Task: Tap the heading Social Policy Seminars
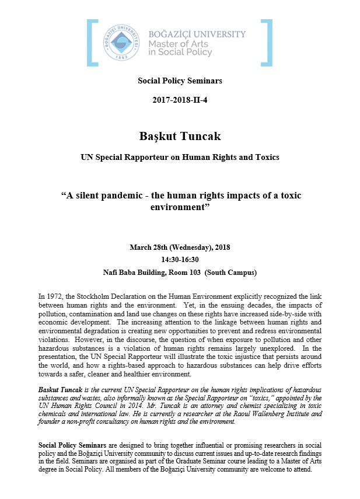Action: pyautogui.click(x=180, y=81)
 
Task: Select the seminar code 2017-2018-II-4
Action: pyautogui.click(x=180, y=100)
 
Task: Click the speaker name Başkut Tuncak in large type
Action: pyautogui.click(x=180, y=137)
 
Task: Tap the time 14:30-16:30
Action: pyautogui.click(x=180, y=260)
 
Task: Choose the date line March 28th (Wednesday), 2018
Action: pyautogui.click(x=180, y=247)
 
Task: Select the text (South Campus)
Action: pyautogui.click(x=236, y=272)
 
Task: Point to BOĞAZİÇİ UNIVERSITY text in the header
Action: pyautogui.click(x=197, y=34)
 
